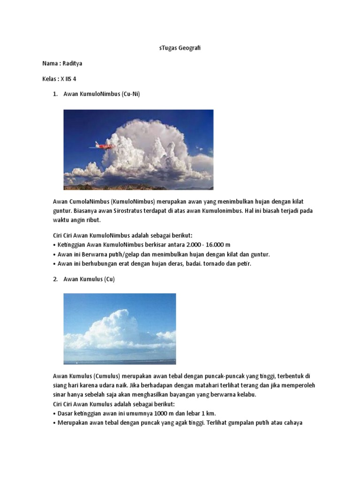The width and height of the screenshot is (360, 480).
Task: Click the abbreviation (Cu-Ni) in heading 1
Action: point(130,94)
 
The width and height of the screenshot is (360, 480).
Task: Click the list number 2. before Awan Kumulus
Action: point(55,279)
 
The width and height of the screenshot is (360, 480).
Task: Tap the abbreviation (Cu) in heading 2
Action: point(109,279)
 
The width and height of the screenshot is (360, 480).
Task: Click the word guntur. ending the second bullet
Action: point(260,255)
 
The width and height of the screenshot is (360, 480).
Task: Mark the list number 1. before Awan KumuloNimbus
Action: point(55,94)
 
